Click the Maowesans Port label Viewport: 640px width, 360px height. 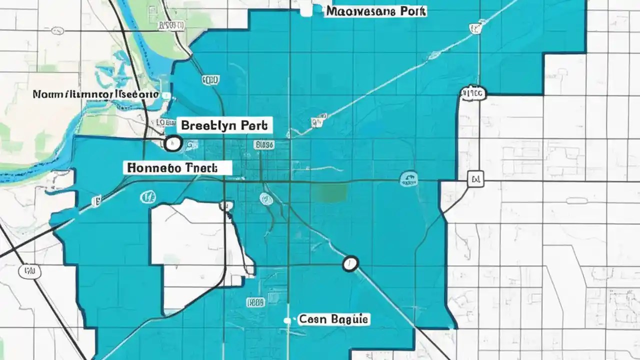(375, 10)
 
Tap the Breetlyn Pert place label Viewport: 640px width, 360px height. (224, 125)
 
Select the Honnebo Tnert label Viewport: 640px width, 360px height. (177, 168)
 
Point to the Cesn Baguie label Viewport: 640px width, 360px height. (333, 319)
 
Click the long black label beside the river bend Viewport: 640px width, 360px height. (95, 94)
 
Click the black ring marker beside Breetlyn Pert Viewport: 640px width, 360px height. (172, 143)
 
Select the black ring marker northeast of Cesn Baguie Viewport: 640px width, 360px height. (350, 263)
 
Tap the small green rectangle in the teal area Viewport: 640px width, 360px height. (330, 192)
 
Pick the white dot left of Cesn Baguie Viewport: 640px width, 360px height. (287, 320)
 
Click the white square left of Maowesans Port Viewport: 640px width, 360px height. (306, 10)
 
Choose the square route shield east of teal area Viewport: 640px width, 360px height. (475, 178)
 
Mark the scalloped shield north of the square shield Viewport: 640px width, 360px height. (472, 92)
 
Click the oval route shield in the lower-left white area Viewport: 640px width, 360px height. (29, 271)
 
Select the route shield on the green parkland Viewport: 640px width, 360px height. (170, 25)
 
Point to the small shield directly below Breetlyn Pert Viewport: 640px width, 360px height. (264, 145)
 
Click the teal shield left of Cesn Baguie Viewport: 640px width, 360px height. (255, 302)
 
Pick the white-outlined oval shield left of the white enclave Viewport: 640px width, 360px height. (147, 197)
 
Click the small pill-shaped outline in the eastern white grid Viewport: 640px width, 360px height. (576, 200)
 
